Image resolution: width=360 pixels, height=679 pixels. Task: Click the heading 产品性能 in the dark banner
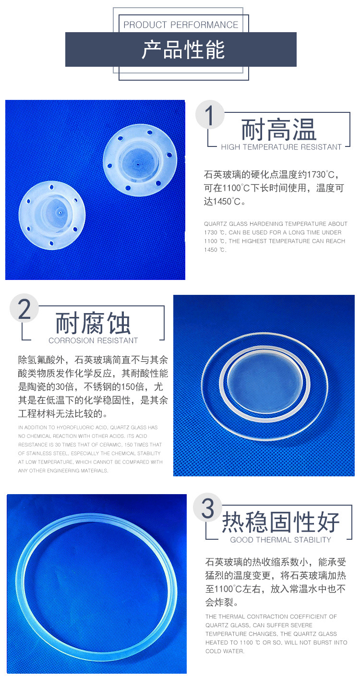(183, 49)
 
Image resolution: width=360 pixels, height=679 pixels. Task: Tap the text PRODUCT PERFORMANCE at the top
(181, 25)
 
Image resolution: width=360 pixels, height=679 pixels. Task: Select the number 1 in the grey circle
(210, 115)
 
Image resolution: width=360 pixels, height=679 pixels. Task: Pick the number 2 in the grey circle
(24, 309)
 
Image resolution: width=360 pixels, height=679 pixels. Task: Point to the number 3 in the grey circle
(208, 509)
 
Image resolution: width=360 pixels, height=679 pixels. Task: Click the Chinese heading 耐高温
(278, 130)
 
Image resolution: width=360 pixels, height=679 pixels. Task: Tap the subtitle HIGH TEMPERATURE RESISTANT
(281, 147)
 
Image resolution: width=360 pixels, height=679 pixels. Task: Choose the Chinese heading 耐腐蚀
(93, 323)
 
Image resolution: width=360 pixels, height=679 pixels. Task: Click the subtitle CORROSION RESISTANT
(93, 340)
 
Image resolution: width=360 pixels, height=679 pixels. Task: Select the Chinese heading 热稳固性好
(281, 522)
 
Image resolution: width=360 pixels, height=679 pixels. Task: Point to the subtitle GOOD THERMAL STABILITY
(281, 540)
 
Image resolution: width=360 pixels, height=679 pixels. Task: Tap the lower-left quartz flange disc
(52, 215)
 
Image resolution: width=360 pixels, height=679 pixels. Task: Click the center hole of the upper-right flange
(138, 165)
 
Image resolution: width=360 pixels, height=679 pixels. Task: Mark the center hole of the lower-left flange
(60, 213)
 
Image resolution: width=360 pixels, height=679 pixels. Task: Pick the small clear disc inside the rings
(264, 380)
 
